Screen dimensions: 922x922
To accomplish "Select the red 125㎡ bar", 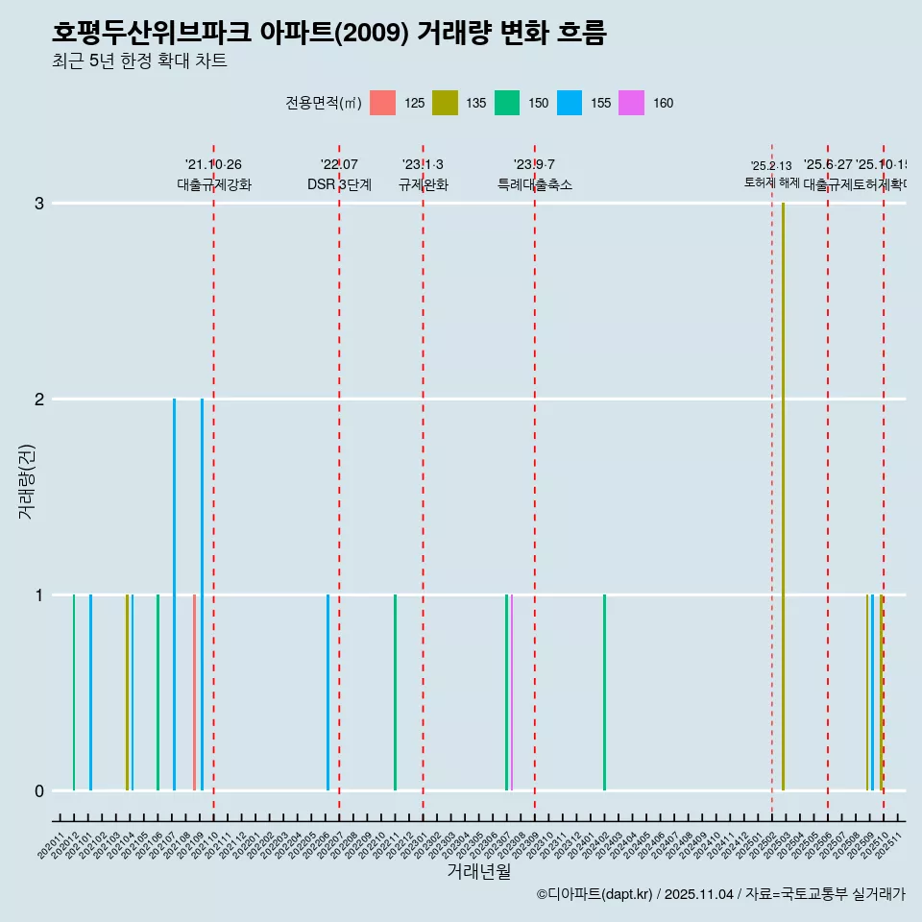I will pyautogui.click(x=194, y=691).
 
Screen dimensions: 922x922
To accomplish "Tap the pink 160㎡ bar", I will pyautogui.click(x=512, y=691).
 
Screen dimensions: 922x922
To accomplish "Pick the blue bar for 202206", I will pyautogui.click(x=328, y=691).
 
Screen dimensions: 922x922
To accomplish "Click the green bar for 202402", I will pyautogui.click(x=604, y=691).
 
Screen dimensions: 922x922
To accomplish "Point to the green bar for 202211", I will pyautogui.click(x=395, y=691).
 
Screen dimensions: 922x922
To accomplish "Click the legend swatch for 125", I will pyautogui.click(x=382, y=103).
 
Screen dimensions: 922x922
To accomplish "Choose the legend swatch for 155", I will pyautogui.click(x=570, y=103).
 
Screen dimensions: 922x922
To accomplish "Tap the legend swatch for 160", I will pyautogui.click(x=632, y=103).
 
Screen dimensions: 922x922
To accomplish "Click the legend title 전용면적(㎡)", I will pyautogui.click(x=323, y=103).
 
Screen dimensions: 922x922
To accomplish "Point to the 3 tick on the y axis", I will pyautogui.click(x=39, y=204).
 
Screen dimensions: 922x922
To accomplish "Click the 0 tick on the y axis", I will pyautogui.click(x=39, y=791).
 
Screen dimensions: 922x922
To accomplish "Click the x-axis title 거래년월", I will pyautogui.click(x=478, y=871).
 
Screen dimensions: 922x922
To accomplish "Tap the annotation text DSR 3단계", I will pyautogui.click(x=339, y=184).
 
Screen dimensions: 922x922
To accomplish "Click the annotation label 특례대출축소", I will pyautogui.click(x=534, y=184).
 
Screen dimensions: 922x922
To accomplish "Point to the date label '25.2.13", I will pyautogui.click(x=771, y=166).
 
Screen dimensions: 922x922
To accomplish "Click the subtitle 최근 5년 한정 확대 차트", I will pyautogui.click(x=139, y=61).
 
